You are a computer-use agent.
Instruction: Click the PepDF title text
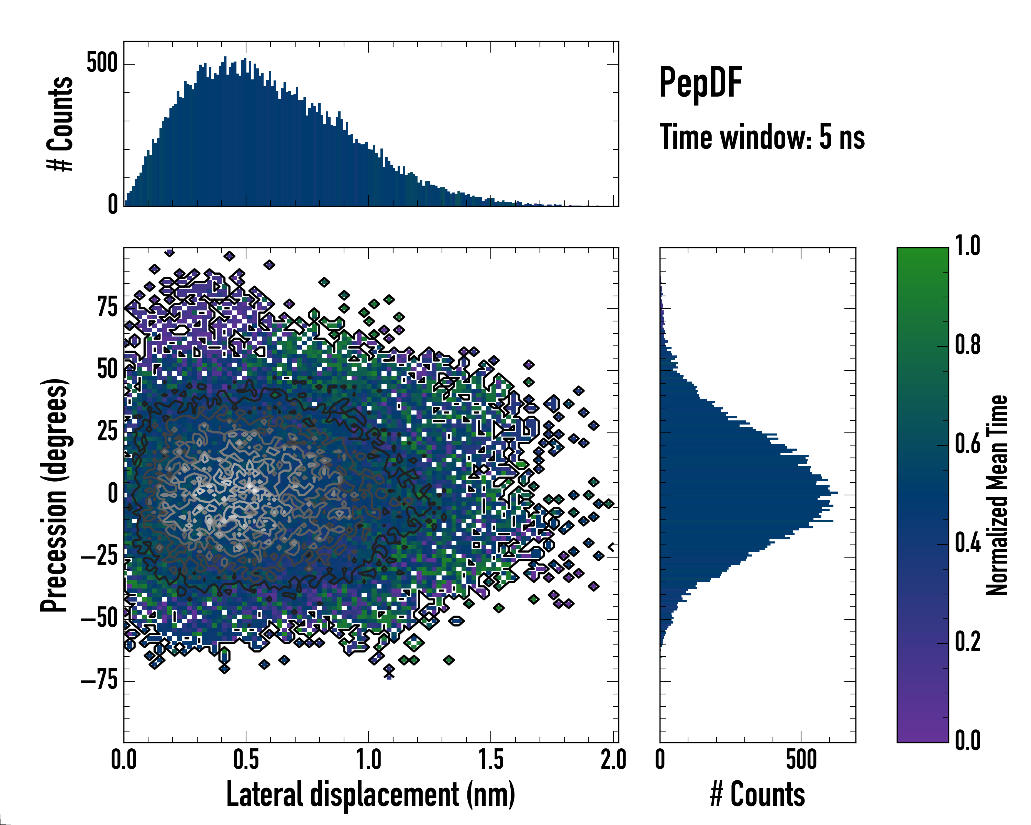click(700, 82)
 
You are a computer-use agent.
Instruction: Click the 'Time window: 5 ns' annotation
click(762, 137)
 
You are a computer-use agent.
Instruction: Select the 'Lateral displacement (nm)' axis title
click(370, 794)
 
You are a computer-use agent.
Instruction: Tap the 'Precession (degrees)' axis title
click(54, 495)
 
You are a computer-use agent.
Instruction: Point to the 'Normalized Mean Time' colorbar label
click(997, 495)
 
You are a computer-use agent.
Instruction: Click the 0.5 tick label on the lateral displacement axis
click(246, 760)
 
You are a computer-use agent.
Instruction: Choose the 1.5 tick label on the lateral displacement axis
click(491, 760)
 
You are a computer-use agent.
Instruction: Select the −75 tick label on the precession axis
click(99, 680)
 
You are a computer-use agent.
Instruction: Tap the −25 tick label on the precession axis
click(99, 556)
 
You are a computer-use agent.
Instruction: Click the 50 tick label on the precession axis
click(107, 369)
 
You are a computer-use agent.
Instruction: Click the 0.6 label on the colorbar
click(967, 444)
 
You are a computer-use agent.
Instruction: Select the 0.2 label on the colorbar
click(967, 641)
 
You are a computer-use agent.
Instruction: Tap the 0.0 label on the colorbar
click(967, 740)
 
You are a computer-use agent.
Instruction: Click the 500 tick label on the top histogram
click(102, 63)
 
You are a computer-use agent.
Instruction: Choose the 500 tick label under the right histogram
click(801, 760)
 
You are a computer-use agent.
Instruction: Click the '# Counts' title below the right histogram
click(757, 794)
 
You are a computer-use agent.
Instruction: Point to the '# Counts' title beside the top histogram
click(60, 123)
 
